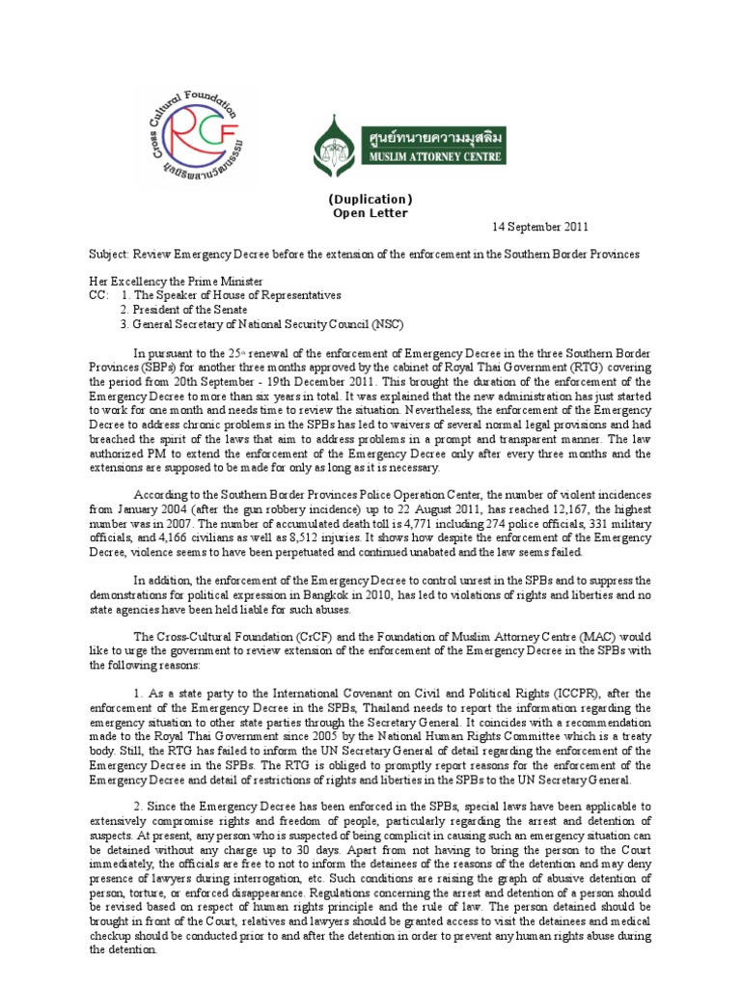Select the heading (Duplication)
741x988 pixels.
coord(370,200)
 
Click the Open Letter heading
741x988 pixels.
coord(370,213)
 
